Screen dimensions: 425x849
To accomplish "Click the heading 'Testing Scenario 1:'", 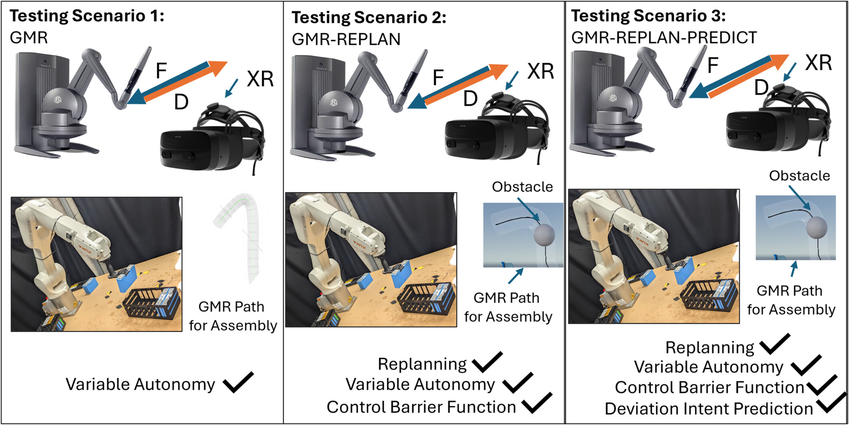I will click(87, 16).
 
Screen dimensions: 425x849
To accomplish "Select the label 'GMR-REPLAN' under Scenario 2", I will click(346, 39).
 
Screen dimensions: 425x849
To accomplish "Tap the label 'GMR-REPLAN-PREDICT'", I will click(664, 38).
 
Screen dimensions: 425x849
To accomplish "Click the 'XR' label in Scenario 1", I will click(260, 79).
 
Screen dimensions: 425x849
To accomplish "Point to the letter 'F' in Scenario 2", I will click(438, 78).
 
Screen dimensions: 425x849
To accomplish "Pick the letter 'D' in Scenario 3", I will click(761, 87).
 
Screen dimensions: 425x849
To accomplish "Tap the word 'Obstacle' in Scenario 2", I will click(522, 187).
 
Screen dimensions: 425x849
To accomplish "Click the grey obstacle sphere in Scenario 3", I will click(817, 227).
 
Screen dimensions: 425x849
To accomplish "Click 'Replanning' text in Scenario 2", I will click(422, 364).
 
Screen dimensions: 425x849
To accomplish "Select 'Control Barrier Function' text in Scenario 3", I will click(710, 387).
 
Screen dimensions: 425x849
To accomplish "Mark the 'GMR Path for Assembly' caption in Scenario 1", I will click(232, 316).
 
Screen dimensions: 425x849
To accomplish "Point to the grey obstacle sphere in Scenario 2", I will click(544, 234).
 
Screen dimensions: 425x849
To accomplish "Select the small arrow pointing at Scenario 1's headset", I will click(231, 88).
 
